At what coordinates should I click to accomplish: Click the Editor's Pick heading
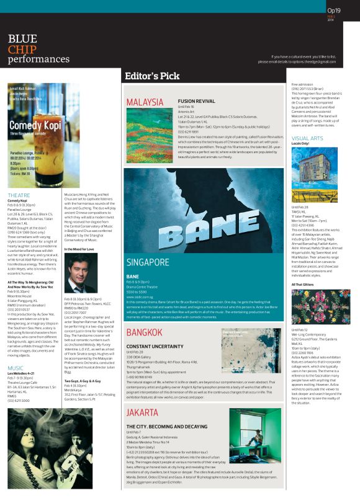pos(152,76)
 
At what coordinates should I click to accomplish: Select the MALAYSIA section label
pos(149,102)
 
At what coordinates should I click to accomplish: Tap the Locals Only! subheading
pos(300,143)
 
